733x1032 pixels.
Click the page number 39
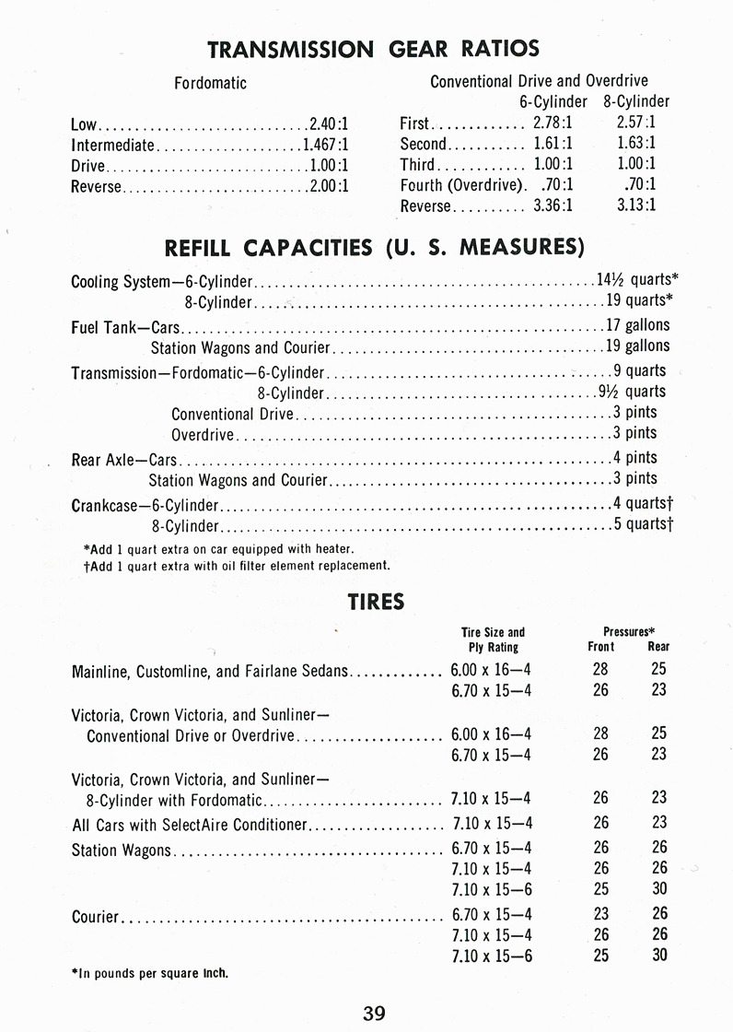coord(374,1014)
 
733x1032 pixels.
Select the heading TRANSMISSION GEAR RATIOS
coord(373,49)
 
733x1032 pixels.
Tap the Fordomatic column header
coord(211,83)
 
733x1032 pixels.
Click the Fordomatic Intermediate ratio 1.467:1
coord(326,145)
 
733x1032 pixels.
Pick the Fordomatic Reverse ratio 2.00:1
coord(329,186)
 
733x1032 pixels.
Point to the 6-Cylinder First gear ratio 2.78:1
coord(553,123)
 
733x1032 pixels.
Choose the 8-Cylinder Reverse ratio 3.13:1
coord(636,205)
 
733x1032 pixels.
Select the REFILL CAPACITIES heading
coord(374,247)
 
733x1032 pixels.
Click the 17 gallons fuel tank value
coord(637,324)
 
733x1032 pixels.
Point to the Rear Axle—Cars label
coord(124,458)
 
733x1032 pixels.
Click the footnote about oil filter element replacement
coord(237,566)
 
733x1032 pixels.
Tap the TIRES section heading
coord(376,602)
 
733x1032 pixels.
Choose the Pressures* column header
coord(629,632)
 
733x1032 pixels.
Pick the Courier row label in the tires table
coord(95,917)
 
